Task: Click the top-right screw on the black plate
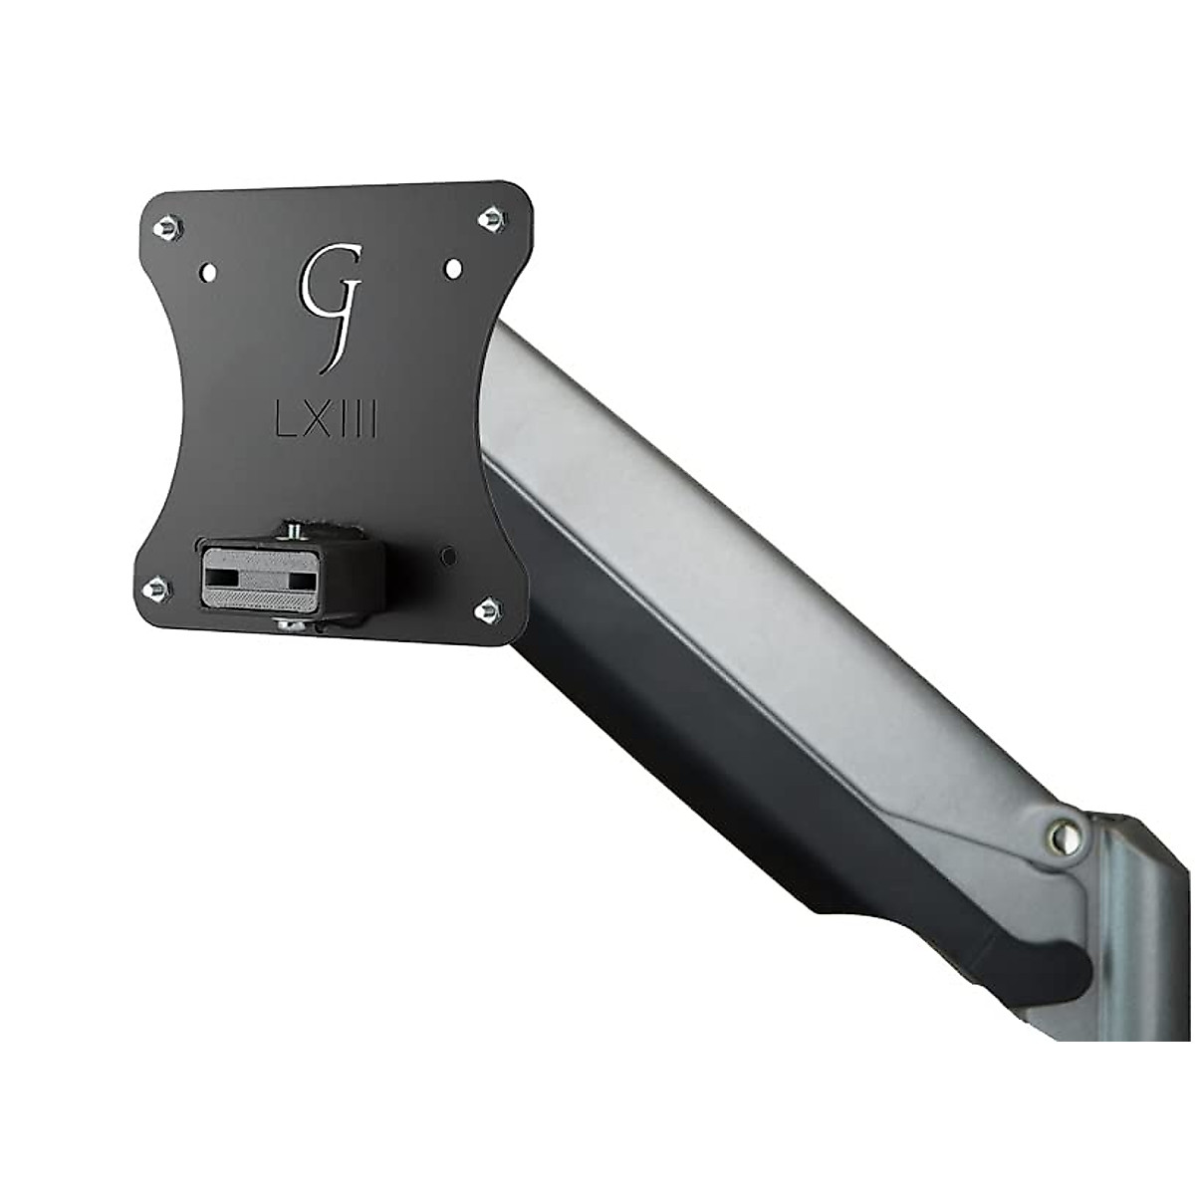(490, 218)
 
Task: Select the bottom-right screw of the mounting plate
(489, 606)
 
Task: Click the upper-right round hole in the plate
(451, 267)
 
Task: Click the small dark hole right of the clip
(448, 554)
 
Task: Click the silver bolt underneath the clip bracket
(290, 624)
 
